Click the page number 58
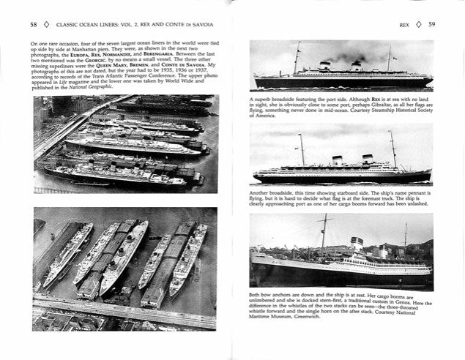tap(34, 24)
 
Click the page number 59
tap(431, 24)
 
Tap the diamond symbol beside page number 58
tap(47, 24)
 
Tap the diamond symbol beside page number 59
tap(418, 24)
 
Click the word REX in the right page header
tap(404, 24)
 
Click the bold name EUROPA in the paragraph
tap(78, 56)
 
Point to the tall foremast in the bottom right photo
tap(324, 234)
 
